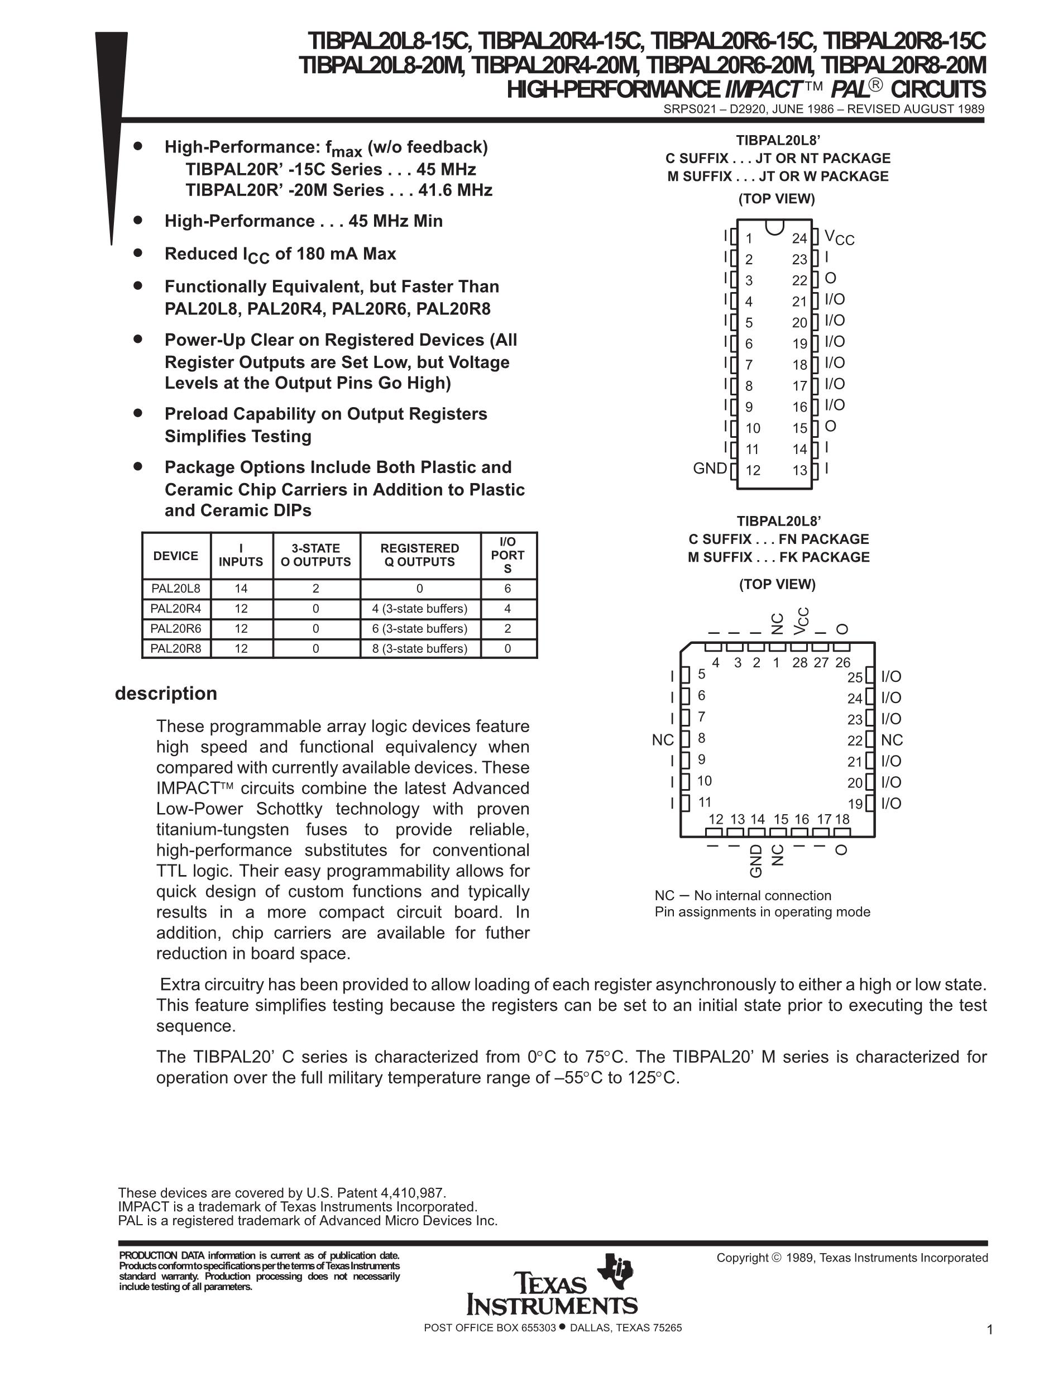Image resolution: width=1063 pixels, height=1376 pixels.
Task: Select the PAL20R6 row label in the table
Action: click(x=176, y=628)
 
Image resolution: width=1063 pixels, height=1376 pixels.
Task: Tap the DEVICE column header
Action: click(x=176, y=556)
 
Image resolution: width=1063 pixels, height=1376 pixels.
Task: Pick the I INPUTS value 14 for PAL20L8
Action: click(x=241, y=589)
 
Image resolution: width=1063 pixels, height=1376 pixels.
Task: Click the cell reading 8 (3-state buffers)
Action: click(x=419, y=648)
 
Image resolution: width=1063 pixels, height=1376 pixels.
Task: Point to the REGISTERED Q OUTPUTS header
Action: click(x=419, y=555)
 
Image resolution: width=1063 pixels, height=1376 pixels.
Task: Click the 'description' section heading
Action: click(x=166, y=693)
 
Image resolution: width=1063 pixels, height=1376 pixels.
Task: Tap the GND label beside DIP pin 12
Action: click(x=709, y=468)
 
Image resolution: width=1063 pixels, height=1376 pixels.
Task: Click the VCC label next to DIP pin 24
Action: click(x=839, y=237)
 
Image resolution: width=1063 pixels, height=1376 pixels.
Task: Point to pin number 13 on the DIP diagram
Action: click(x=799, y=470)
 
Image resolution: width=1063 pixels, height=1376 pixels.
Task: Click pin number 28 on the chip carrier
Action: click(x=799, y=662)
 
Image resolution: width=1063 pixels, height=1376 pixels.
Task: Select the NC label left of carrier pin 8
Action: click(x=663, y=740)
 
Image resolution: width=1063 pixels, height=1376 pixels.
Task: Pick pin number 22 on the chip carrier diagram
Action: click(x=855, y=740)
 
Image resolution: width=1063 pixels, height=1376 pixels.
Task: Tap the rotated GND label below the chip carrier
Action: click(x=756, y=861)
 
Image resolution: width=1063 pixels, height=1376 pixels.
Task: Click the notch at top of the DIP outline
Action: click(x=774, y=225)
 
